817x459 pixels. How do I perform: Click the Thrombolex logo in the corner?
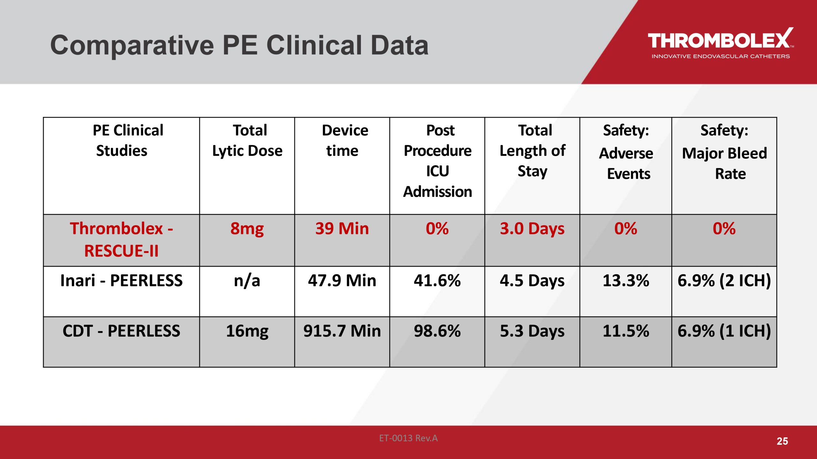point(720,43)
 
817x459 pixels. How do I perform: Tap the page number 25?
point(782,441)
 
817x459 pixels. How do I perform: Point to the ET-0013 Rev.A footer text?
point(408,438)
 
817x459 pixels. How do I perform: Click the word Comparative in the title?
point(132,45)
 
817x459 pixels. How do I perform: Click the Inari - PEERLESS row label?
point(121,280)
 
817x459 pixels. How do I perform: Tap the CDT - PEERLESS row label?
point(121,331)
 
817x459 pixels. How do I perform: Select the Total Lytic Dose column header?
point(247,141)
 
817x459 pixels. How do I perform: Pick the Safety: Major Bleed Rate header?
point(724,152)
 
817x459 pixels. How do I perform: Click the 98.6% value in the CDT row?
point(437,331)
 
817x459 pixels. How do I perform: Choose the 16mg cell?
point(247,331)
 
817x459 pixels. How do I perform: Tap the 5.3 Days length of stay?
point(532,331)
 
